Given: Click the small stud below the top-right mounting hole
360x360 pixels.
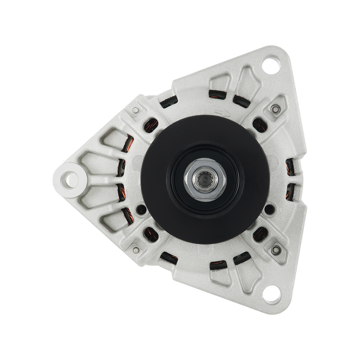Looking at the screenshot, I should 274,109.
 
